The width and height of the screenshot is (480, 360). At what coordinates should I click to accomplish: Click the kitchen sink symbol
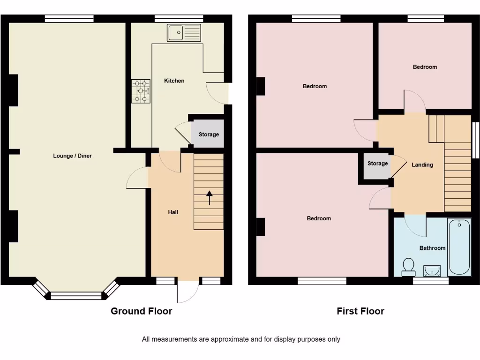click(184, 33)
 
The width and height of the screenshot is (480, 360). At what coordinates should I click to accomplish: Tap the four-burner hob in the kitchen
click(141, 91)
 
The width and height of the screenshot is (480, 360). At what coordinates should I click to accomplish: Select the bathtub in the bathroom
click(459, 247)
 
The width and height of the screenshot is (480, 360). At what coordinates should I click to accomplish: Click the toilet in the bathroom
click(408, 267)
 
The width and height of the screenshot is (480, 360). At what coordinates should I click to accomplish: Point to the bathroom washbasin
click(432, 270)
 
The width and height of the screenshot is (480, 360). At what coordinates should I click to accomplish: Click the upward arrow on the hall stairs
click(209, 198)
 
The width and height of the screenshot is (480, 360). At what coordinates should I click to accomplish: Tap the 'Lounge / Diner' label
click(72, 156)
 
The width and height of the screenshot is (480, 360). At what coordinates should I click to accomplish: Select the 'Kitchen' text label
click(174, 81)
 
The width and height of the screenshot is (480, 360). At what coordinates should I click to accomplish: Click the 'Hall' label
click(173, 212)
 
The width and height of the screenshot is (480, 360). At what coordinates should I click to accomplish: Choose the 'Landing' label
click(422, 165)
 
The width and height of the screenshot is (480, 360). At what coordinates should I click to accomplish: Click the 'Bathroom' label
click(432, 248)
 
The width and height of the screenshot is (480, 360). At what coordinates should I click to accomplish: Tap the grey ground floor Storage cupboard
click(208, 134)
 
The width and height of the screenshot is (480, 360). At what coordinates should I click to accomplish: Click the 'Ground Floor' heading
click(141, 311)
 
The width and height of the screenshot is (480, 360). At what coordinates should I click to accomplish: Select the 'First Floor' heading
click(360, 311)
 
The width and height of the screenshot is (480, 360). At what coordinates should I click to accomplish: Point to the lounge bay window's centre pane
click(75, 296)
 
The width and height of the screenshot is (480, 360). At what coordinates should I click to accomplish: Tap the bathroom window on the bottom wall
click(430, 281)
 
